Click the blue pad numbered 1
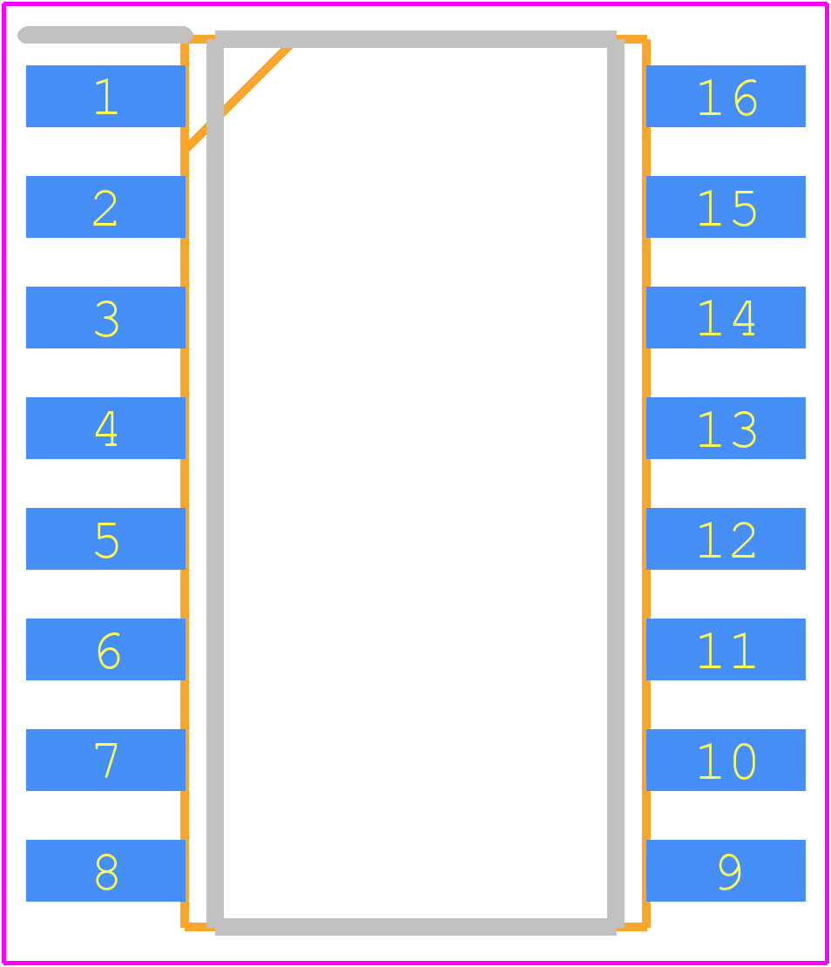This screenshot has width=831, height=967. tap(105, 96)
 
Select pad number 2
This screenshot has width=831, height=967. tap(105, 206)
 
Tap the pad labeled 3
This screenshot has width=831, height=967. tap(105, 318)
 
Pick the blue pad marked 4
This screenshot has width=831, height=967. tap(105, 428)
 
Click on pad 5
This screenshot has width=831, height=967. tap(105, 538)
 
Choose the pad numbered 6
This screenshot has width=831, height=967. tap(105, 649)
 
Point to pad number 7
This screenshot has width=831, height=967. tap(105, 760)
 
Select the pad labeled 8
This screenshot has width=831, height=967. tap(105, 871)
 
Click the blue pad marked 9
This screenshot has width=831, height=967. tap(726, 871)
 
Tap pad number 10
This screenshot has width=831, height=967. tap(726, 760)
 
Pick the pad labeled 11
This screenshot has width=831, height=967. tap(726, 649)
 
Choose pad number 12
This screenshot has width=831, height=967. tap(726, 538)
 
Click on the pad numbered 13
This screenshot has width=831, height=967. tap(726, 428)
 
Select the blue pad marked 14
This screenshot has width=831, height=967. tap(726, 318)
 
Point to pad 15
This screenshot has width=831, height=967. tap(726, 206)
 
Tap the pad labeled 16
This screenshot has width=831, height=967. tap(726, 96)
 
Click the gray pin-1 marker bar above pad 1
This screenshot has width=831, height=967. tap(105, 35)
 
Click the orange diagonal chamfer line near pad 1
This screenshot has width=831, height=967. tap(238, 98)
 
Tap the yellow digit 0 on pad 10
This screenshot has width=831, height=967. tap(745, 761)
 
